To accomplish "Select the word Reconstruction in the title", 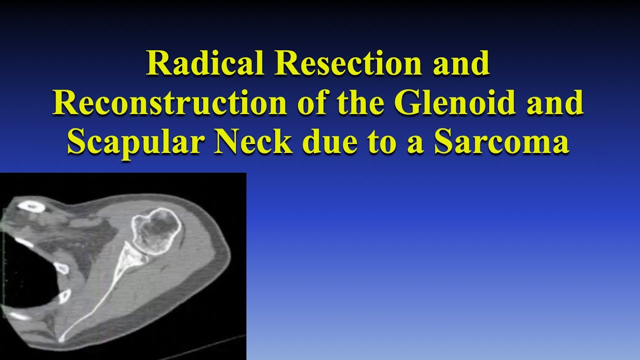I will coord(169,102).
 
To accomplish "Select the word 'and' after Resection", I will coord(461,63).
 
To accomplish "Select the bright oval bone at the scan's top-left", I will coord(31,204).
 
